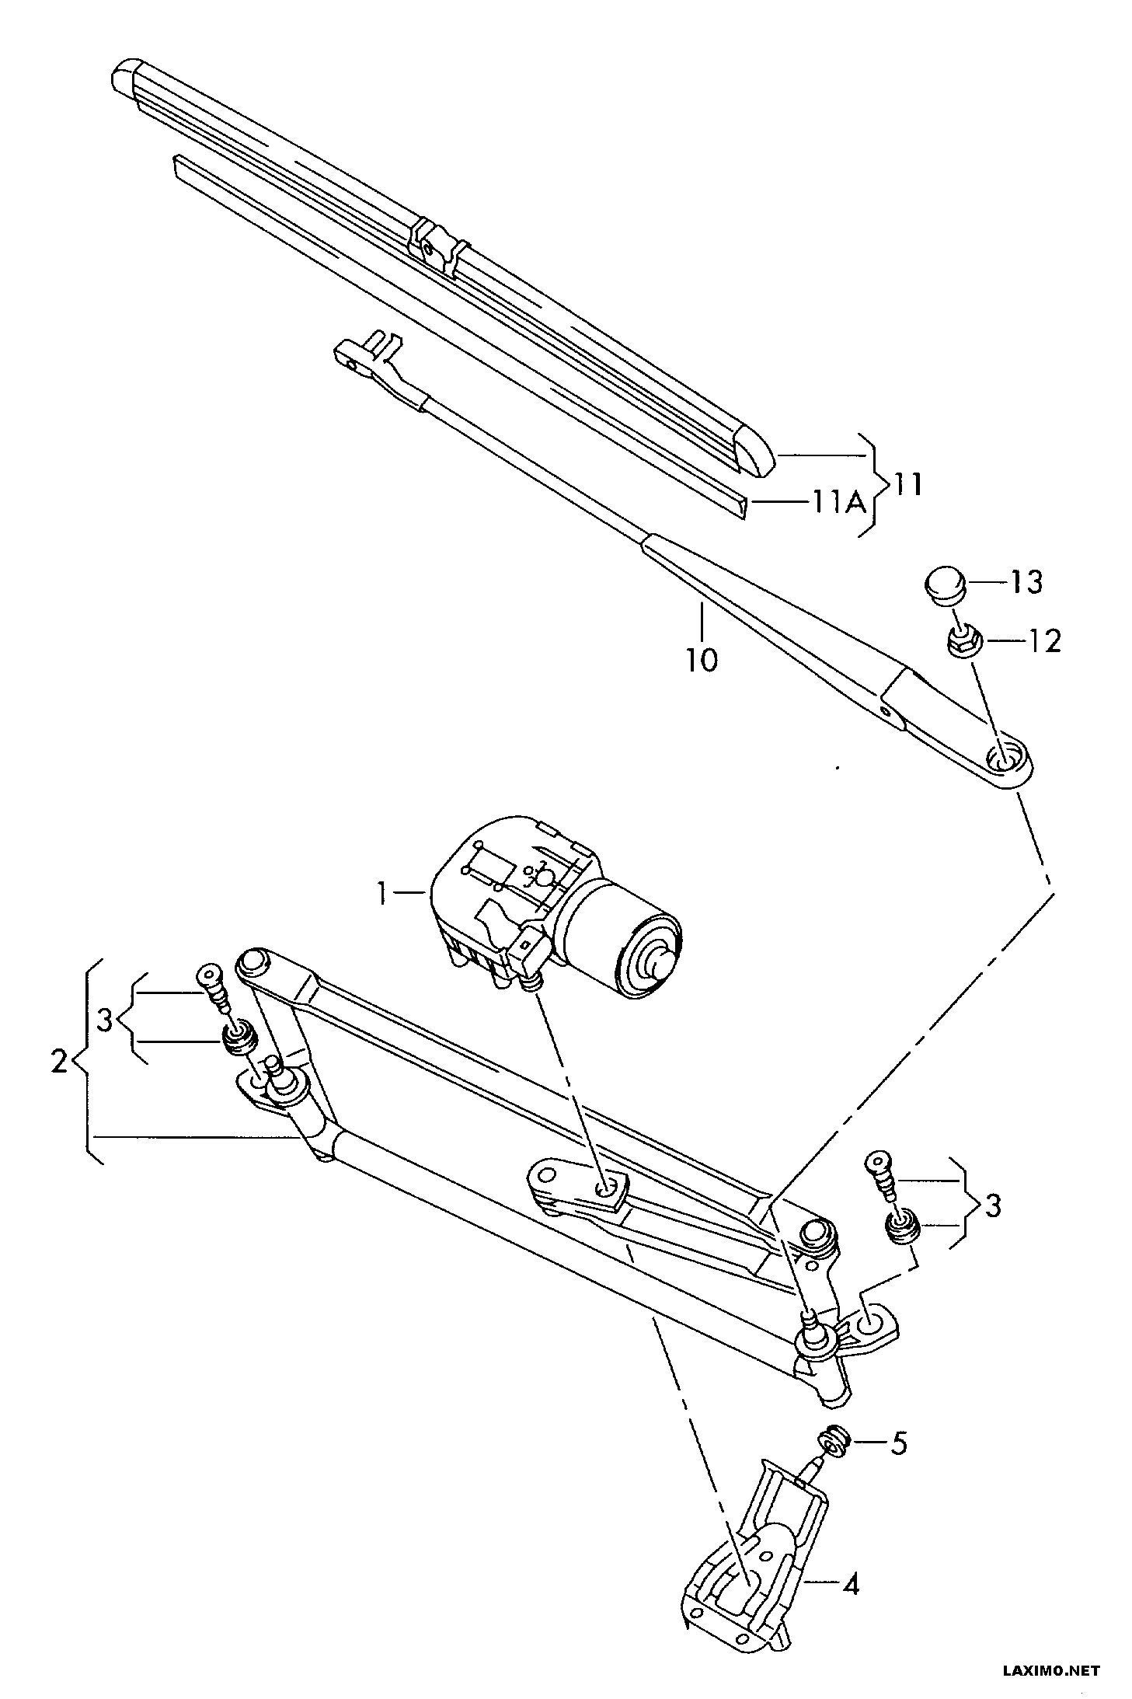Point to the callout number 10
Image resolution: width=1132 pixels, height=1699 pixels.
tap(701, 660)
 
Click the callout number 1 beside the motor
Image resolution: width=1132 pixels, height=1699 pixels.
tap(381, 895)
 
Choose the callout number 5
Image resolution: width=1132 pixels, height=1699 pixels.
tap(897, 1444)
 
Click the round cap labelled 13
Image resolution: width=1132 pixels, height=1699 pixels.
tap(945, 583)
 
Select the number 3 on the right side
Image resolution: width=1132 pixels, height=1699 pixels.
tap(991, 1206)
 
